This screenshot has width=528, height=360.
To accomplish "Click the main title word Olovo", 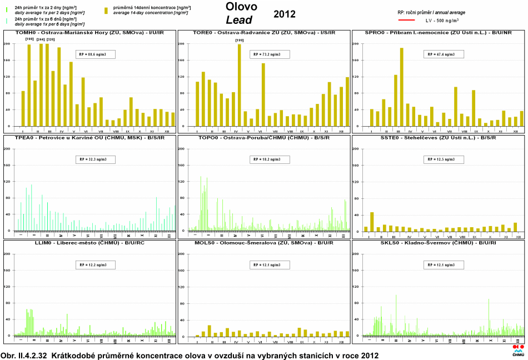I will pyautogui.click(x=242, y=7).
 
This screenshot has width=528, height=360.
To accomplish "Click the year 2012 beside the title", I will pyautogui.click(x=285, y=14).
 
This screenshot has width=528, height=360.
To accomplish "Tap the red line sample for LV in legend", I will pyautogui.click(x=407, y=20).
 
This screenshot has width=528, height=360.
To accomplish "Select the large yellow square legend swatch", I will pyautogui.click(x=106, y=11).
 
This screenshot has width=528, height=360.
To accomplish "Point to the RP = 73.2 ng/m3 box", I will pyautogui.click(x=271, y=54).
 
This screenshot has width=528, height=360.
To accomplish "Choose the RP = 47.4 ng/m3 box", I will pyautogui.click(x=444, y=54).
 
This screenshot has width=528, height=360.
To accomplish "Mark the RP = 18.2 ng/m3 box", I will pyautogui.click(x=271, y=159).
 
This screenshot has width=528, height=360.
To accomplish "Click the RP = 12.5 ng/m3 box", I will pyautogui.click(x=444, y=159).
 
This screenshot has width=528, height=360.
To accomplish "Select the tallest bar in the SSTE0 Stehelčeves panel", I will pyautogui.click(x=372, y=221).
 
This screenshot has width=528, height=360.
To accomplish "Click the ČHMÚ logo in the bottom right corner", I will pyautogui.click(x=517, y=351).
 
